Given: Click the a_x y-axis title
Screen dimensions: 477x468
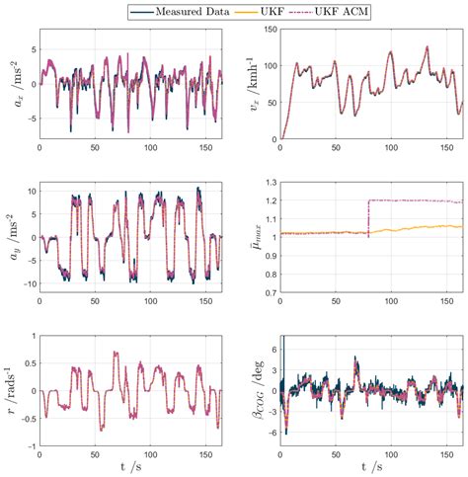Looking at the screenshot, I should point(13,84).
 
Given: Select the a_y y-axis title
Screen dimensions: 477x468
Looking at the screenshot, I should point(13,237).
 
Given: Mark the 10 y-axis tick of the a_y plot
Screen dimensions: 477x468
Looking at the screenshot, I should point(29,188).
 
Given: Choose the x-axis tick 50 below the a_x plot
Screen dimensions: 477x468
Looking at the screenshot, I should point(95,148).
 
